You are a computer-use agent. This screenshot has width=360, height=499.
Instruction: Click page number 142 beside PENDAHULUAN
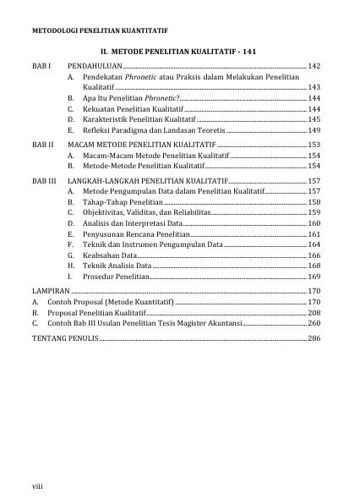(314, 65)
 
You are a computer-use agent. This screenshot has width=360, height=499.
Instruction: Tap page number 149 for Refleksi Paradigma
(314, 132)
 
